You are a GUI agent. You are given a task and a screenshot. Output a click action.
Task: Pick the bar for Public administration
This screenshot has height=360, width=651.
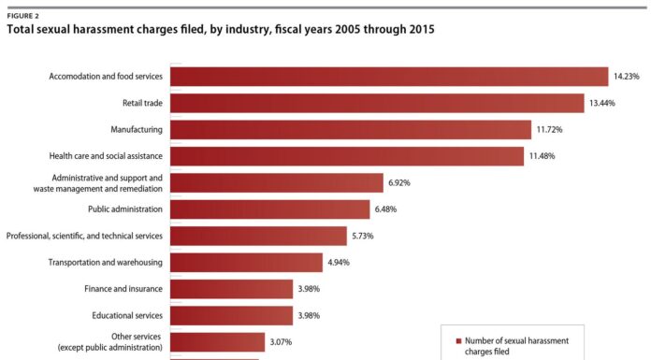click(x=269, y=209)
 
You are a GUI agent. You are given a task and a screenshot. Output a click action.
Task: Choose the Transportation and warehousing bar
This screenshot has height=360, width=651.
click(x=246, y=263)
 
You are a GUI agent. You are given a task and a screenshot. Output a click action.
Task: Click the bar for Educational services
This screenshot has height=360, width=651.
click(x=231, y=316)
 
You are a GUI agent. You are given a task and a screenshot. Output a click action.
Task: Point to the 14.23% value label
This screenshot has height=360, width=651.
click(x=626, y=76)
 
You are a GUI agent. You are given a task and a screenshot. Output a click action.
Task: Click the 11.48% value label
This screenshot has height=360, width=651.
click(x=541, y=156)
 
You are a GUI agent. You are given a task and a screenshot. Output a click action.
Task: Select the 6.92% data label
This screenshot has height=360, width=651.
click(x=400, y=182)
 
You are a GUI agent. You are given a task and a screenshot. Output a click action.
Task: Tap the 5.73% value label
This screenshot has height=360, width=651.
click(x=363, y=236)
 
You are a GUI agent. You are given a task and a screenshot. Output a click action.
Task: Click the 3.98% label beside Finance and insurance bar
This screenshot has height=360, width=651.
click(x=310, y=289)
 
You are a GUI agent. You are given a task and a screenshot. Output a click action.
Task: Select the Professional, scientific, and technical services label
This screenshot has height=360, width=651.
click(x=84, y=236)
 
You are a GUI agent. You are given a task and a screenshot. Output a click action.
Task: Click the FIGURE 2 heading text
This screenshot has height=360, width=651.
click(x=24, y=16)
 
